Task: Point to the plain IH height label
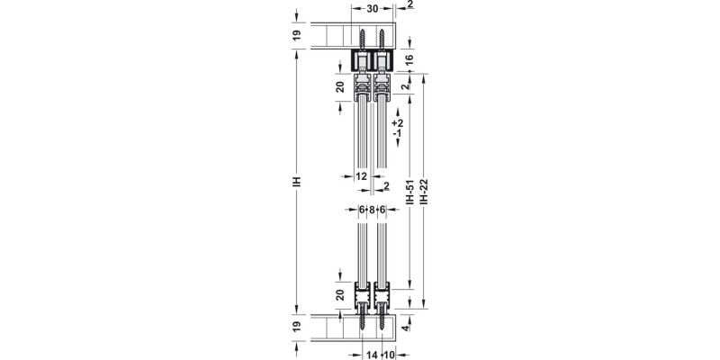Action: (x=295, y=180)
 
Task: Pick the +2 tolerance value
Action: (x=399, y=122)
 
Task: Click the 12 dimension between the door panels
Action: (x=362, y=176)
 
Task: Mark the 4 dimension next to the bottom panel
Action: (x=408, y=329)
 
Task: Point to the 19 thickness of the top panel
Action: (x=295, y=36)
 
